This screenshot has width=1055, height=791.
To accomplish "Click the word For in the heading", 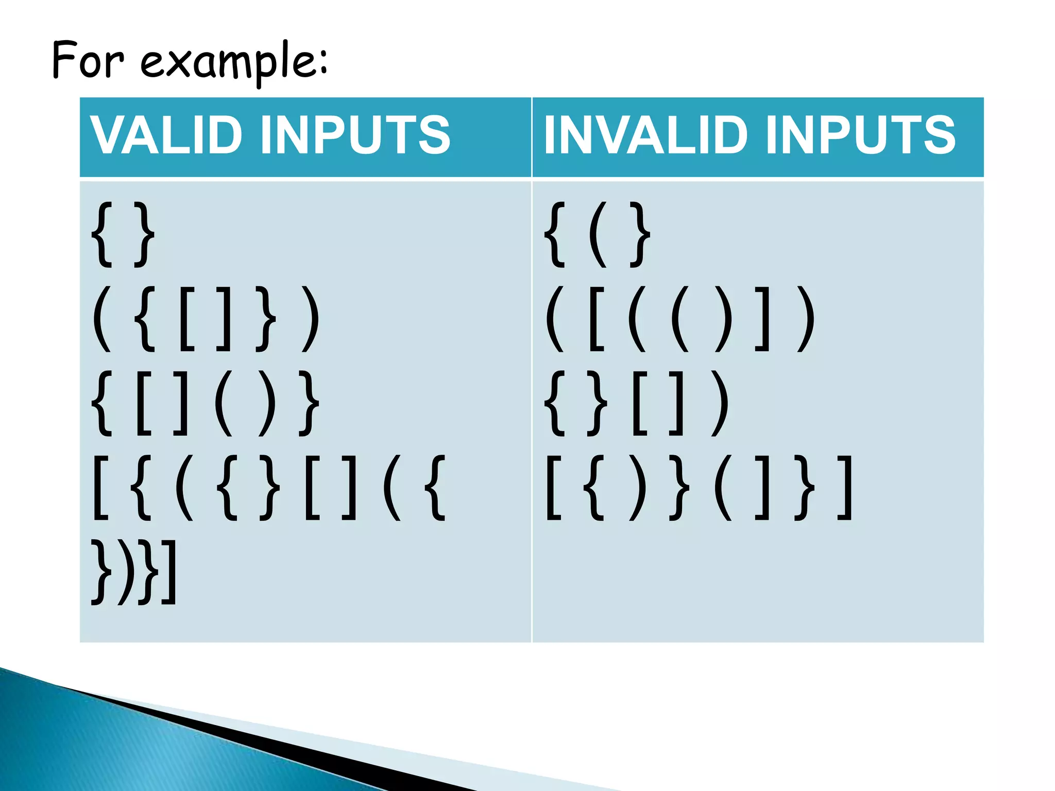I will pyautogui.click(x=88, y=61).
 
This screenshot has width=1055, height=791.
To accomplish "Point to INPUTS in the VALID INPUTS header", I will pyautogui.click(x=355, y=135).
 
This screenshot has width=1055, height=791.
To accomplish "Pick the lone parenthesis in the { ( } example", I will pyautogui.click(x=597, y=235).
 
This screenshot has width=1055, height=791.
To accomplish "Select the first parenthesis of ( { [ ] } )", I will pyautogui.click(x=102, y=319).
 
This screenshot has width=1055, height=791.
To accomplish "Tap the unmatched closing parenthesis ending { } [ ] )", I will pyautogui.click(x=720, y=404).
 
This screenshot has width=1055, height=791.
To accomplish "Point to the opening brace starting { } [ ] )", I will pyautogui.click(x=556, y=404).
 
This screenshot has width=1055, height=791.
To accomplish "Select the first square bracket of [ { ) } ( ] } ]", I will pyautogui.click(x=553, y=487).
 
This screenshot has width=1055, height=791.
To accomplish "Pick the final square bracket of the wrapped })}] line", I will pyautogui.click(x=170, y=572).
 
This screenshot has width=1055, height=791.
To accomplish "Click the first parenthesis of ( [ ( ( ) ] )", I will pyautogui.click(x=555, y=319).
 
